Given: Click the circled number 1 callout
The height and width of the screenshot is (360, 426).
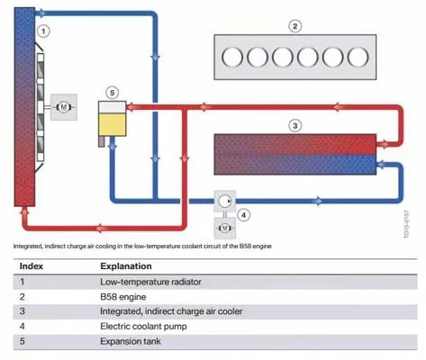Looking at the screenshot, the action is [43, 31].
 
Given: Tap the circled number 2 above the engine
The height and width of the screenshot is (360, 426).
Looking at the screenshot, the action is [295, 26].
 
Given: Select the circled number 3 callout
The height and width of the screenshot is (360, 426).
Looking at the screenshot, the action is [295, 125].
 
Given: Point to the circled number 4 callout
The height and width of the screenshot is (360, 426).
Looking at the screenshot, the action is [243, 215].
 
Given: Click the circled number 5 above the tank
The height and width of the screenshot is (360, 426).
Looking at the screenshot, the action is [112, 93].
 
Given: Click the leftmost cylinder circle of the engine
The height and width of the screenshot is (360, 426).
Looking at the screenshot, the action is [232, 57].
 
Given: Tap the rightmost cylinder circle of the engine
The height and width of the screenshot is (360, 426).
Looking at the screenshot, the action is [358, 57].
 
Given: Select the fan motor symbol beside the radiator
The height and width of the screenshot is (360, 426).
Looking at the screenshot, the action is [64, 107].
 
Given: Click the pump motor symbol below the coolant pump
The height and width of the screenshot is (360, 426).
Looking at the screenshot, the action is [224, 229].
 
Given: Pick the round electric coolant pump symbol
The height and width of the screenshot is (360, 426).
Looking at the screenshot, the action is [224, 201].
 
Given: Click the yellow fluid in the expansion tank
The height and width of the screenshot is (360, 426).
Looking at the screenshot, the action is [113, 124].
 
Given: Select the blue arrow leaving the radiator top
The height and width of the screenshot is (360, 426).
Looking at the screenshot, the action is [41, 13].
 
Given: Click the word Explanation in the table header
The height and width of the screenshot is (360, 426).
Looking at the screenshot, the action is [126, 266].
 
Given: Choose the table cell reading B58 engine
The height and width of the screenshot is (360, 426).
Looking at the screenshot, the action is [123, 297].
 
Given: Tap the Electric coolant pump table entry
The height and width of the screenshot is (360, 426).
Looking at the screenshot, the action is [143, 326].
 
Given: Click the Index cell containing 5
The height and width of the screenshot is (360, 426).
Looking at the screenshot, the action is [22, 341].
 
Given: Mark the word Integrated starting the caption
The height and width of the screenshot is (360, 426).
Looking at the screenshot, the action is [28, 247].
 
